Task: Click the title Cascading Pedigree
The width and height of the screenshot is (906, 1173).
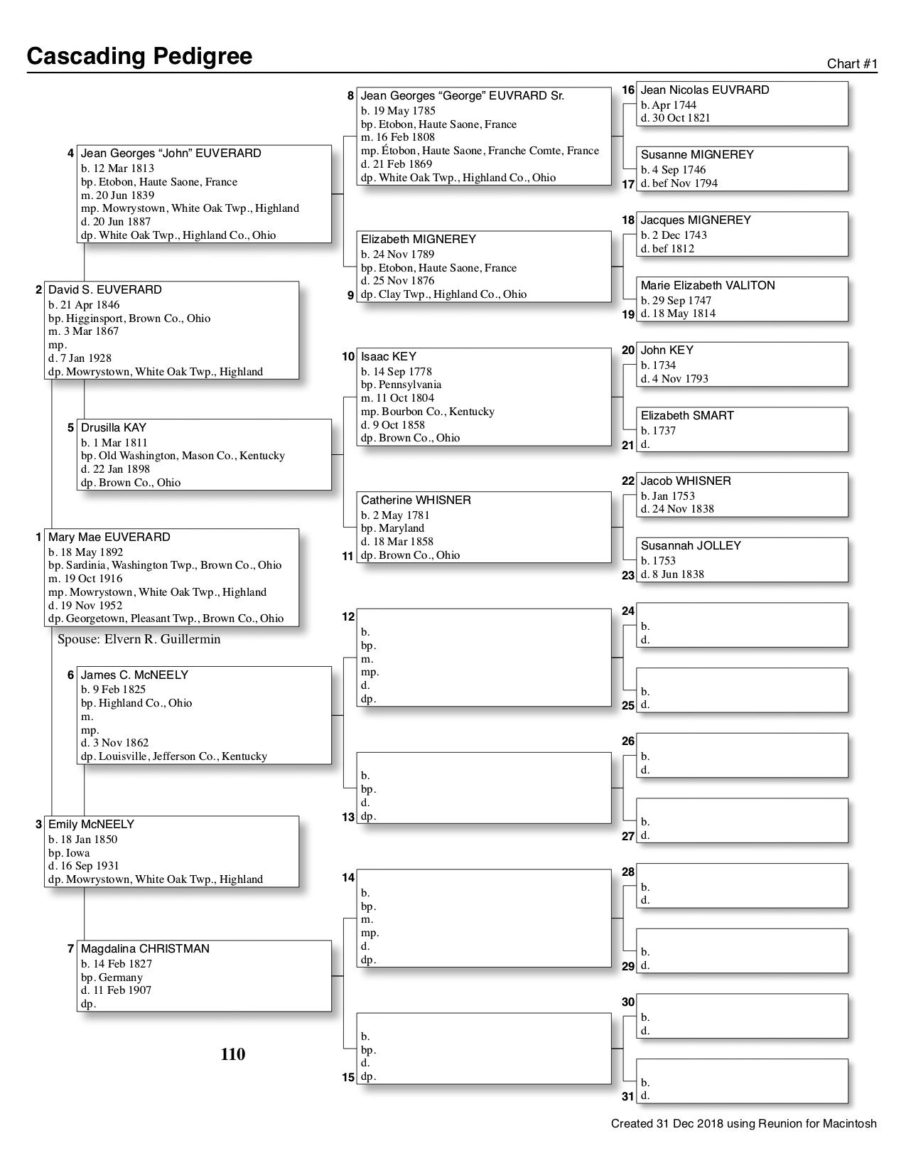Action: point(139,56)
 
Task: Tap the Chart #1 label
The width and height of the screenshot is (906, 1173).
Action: point(852,64)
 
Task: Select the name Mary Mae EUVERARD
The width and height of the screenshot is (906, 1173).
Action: point(109,537)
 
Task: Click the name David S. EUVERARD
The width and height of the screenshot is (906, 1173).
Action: point(104,290)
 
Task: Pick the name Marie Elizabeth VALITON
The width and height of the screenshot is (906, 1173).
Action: point(708,286)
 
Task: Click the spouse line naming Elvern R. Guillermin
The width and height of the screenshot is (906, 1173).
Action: point(139,639)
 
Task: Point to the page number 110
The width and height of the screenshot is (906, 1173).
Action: point(233,1054)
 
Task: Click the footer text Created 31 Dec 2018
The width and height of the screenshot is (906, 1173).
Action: point(743,1124)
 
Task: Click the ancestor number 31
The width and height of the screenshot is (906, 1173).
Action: point(627,1096)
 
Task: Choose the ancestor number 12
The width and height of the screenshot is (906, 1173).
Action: point(348,617)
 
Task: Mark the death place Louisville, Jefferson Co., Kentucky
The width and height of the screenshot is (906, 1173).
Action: point(174,756)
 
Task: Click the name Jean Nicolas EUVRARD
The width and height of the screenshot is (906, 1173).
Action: point(704,90)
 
